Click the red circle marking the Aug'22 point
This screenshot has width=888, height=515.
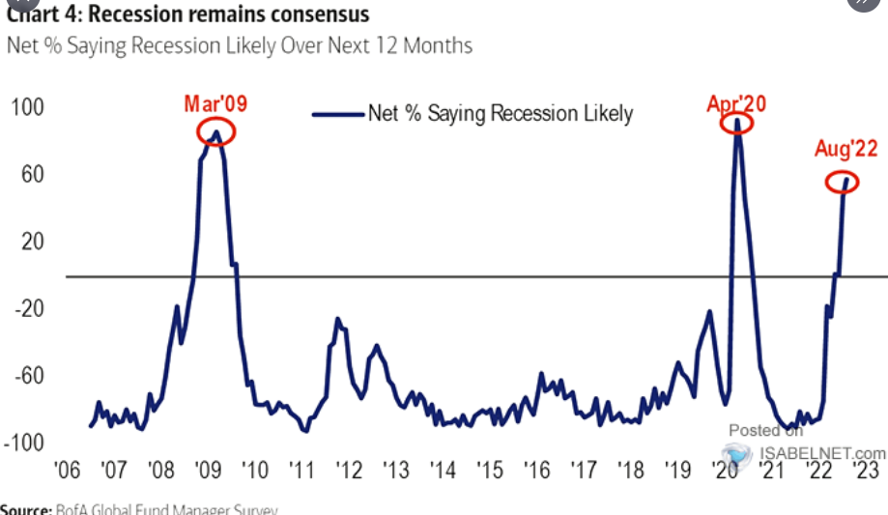(x=842, y=182)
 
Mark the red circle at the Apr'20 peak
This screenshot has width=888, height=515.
(x=738, y=126)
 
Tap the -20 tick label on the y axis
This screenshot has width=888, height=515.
(x=28, y=309)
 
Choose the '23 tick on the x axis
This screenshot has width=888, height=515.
(x=865, y=471)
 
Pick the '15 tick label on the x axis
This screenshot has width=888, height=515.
(x=489, y=471)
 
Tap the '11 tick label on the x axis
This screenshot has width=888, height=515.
(x=301, y=471)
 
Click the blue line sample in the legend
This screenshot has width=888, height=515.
(x=338, y=114)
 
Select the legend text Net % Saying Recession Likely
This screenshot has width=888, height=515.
(x=500, y=114)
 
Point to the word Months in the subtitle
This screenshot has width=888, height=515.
(x=437, y=45)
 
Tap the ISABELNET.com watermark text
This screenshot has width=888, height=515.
(x=821, y=452)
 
